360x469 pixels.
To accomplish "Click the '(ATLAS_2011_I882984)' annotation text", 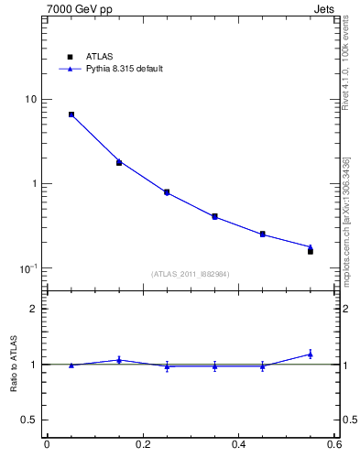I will click(x=190, y=273).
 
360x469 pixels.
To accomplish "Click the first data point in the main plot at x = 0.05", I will click(x=71, y=115).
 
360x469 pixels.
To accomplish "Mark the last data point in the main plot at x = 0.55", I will click(x=311, y=249).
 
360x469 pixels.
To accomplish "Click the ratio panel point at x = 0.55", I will click(x=311, y=354).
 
